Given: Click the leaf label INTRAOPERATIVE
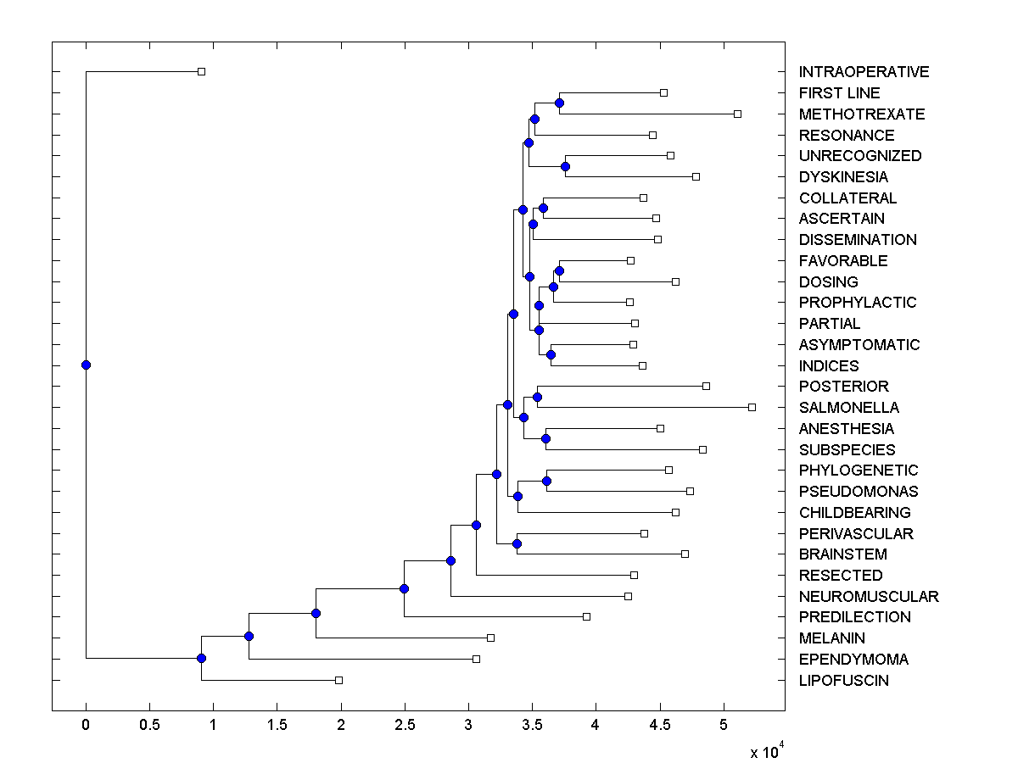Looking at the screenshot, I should (x=864, y=72).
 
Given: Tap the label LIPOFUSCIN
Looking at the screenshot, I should (x=843, y=681).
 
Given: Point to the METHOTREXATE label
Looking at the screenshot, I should (x=862, y=114).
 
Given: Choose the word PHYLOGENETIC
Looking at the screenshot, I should (x=859, y=471).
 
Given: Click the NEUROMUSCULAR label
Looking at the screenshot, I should (x=869, y=597).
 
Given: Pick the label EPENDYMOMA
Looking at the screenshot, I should (x=853, y=660).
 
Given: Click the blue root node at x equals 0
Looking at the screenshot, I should (x=86, y=365).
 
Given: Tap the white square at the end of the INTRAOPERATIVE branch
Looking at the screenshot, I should (x=201, y=71).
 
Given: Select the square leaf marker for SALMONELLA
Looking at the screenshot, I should (x=752, y=407).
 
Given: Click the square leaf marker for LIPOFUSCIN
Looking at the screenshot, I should (x=338, y=680).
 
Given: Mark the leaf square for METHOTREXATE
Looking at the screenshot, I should (x=737, y=114).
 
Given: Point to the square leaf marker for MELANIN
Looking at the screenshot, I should (x=490, y=638).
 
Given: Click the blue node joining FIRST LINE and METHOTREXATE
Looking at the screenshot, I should (x=559, y=103).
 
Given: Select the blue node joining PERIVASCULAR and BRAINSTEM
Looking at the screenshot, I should (x=517, y=543).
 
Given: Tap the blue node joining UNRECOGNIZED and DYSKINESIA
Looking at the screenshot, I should (x=566, y=166).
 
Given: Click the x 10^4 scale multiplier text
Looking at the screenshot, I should (x=766, y=751).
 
